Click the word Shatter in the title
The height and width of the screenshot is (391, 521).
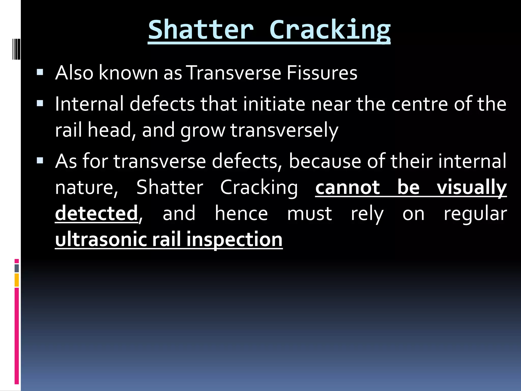pos(201,30)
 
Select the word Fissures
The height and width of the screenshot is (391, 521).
pos(322,73)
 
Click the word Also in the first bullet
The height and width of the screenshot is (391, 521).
pos(74,73)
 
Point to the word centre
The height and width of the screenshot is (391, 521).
pos(419,104)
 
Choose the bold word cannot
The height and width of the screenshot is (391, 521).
pos(348,188)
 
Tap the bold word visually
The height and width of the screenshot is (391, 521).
pos(472,188)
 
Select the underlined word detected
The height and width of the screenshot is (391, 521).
pos(96,213)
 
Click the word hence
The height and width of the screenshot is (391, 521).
pos(241,213)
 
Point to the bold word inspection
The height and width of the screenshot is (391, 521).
pos(234,240)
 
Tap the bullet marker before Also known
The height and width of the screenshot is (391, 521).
pos(40,73)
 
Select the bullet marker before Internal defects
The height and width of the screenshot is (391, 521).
pos(40,104)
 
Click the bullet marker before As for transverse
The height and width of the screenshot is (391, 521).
pos(40,161)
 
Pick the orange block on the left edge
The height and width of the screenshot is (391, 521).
pos(17,280)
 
